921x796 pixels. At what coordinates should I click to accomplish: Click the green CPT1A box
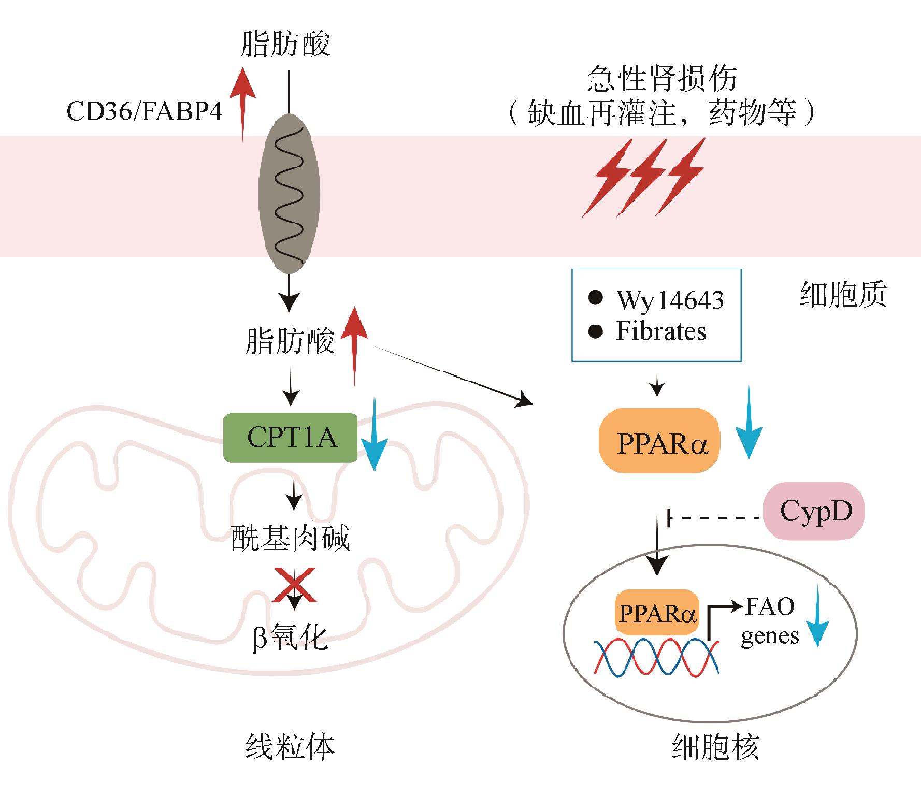[x=290, y=438]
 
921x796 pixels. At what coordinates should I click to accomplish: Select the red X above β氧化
[x=295, y=585]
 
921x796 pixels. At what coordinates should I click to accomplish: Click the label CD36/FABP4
[x=145, y=111]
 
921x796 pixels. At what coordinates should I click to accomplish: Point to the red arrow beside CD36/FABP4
[x=242, y=104]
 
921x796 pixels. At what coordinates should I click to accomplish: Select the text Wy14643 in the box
[x=669, y=300]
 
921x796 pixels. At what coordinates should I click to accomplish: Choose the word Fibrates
[x=661, y=331]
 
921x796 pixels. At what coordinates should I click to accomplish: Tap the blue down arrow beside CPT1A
[x=374, y=435]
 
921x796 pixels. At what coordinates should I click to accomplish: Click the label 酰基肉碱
[x=291, y=539]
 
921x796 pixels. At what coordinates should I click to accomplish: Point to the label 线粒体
[x=290, y=747]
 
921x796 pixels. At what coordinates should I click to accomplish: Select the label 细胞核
[x=715, y=748]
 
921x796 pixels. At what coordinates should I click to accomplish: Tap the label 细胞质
[x=843, y=295]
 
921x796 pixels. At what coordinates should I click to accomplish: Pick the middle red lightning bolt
[x=643, y=177]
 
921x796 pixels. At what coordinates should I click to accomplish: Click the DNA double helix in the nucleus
[x=657, y=656]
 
